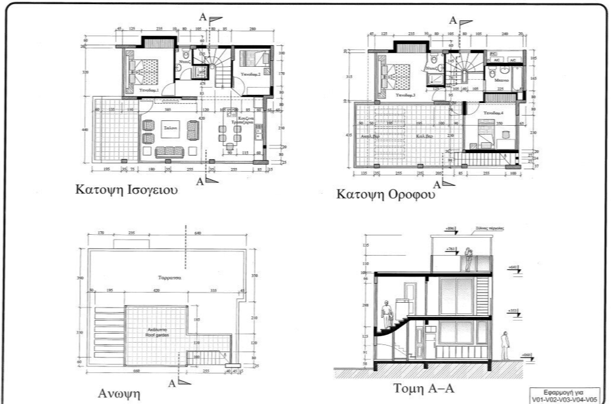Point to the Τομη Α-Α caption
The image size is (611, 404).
(x=425, y=389)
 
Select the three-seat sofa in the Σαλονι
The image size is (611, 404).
(x=169, y=152)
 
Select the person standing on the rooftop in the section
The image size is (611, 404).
(x=469, y=259)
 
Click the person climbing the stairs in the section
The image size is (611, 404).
(x=386, y=314)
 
